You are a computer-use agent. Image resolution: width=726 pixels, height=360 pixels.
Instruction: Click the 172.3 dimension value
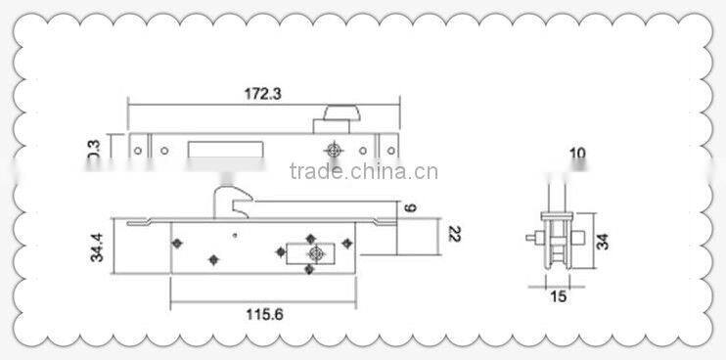(x=262, y=94)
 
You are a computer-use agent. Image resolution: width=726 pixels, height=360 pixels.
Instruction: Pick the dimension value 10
(x=577, y=154)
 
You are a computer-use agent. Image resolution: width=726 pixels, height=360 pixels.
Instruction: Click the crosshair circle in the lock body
(x=315, y=253)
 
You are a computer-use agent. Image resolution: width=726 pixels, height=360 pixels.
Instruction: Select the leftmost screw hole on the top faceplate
(x=138, y=152)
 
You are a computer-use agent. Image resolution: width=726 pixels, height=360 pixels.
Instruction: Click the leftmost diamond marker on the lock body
(x=176, y=242)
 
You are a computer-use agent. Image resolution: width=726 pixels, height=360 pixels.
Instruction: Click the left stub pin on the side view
(x=529, y=238)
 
